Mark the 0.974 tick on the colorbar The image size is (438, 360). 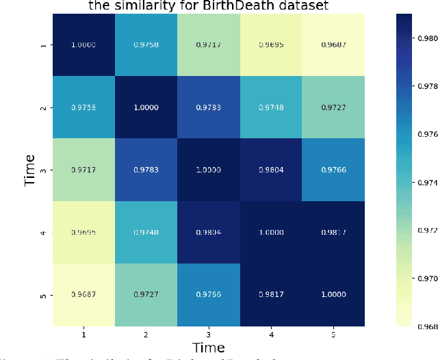coord(427,183)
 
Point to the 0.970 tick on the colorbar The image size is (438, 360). coord(427,279)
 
